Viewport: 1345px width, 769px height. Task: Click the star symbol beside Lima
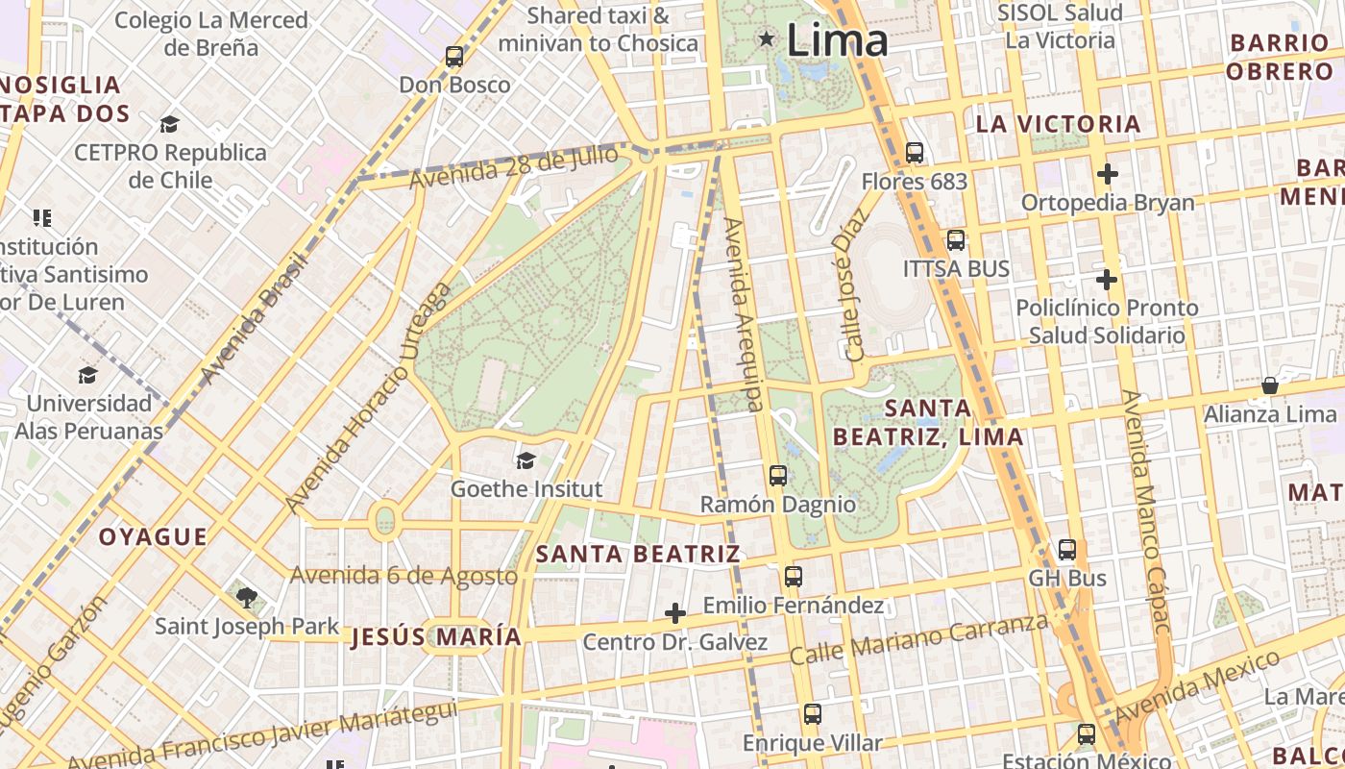(x=767, y=39)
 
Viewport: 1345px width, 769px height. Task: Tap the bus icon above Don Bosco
(x=454, y=57)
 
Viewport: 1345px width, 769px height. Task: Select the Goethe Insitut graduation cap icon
(x=526, y=460)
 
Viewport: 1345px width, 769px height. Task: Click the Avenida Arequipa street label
(x=745, y=314)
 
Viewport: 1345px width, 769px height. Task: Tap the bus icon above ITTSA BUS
(x=956, y=240)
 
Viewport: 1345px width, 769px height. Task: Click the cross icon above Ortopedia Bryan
(x=1108, y=174)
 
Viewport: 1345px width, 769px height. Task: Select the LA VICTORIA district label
(x=1058, y=124)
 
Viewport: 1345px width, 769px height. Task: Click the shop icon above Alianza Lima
(x=1270, y=385)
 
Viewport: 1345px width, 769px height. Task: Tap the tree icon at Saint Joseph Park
(x=247, y=598)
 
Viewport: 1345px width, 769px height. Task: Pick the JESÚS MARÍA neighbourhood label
(x=436, y=637)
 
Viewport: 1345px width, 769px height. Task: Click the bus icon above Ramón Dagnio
(x=778, y=475)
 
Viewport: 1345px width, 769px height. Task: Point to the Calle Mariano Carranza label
(x=918, y=640)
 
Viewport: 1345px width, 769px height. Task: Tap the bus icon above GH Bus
(x=1067, y=550)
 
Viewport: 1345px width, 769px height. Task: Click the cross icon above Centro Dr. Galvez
(x=675, y=613)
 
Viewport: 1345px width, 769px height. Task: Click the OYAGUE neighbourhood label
(x=153, y=537)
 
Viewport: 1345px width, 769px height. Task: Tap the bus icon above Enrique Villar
(x=813, y=714)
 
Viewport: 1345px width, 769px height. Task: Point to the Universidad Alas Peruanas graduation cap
(x=88, y=375)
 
